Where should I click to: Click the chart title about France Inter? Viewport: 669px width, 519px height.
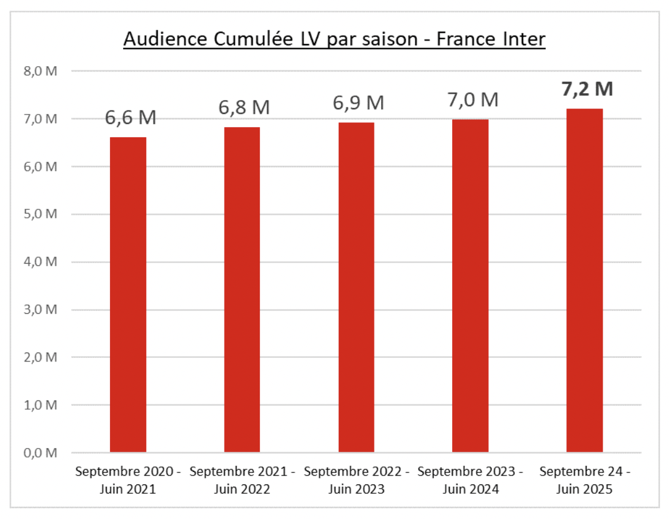334,39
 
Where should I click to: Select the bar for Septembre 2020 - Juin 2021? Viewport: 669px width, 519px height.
128,295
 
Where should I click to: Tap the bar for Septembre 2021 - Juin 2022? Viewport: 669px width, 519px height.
242,290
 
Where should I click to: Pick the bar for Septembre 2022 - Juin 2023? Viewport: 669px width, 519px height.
356,288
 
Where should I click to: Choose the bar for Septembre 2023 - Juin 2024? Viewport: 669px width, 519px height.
470,286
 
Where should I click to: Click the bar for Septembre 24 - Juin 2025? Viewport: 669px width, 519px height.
584,280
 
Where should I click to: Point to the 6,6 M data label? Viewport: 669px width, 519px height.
130,118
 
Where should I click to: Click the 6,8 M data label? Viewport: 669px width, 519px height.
244,107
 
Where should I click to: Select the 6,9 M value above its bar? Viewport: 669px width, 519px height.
358,103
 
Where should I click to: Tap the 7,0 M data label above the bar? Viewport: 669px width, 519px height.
472,98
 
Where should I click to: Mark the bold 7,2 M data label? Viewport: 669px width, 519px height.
587,89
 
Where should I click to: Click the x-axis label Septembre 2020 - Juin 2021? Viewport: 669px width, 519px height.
128,481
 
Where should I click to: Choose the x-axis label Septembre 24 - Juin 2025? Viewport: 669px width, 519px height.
584,481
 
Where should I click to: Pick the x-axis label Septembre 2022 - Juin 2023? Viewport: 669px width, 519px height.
356,481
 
